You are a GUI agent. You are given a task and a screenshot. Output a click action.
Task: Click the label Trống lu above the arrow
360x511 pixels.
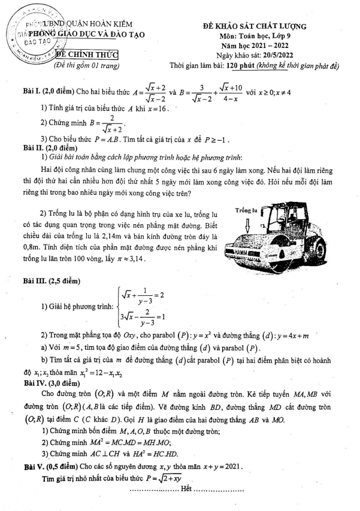tap(246, 210)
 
